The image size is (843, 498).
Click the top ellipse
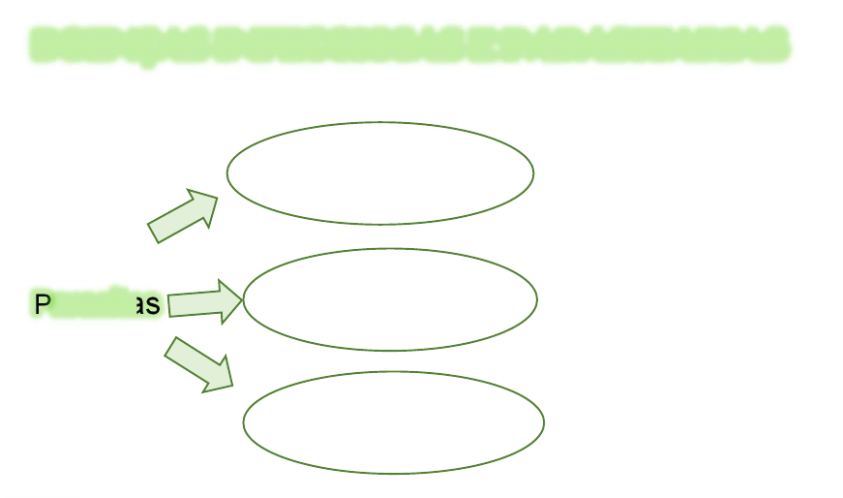pyautogui.click(x=380, y=172)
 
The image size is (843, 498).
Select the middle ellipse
pyautogui.click(x=390, y=299)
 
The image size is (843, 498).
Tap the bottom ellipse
pyautogui.click(x=394, y=422)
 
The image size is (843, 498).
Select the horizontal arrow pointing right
pyautogui.click(x=205, y=301)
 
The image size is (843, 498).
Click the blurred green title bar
pyautogui.click(x=409, y=44)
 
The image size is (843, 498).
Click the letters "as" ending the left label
pyautogui.click(x=147, y=305)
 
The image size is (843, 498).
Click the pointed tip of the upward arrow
pyautogui.click(x=218, y=198)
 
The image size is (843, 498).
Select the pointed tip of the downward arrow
pyautogui.click(x=233, y=387)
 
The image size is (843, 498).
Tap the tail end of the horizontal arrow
pyautogui.click(x=169, y=305)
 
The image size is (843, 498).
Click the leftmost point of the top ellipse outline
pyautogui.click(x=227, y=172)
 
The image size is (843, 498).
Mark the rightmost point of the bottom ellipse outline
pyautogui.click(x=544, y=422)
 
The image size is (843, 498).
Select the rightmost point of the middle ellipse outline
pyautogui.click(x=537, y=299)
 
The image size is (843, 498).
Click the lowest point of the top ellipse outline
pyautogui.click(x=380, y=224)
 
